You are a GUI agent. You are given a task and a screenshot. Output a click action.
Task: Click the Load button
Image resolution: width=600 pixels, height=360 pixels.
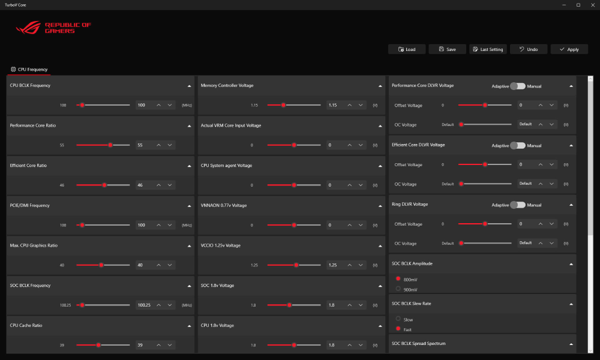(407, 49)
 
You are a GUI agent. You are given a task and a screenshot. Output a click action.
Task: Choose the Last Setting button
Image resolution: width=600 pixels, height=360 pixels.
(488, 49)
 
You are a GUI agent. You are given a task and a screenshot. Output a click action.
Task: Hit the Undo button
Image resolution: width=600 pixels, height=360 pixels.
(528, 49)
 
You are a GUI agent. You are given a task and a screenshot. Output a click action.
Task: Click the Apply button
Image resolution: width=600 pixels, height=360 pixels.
(569, 49)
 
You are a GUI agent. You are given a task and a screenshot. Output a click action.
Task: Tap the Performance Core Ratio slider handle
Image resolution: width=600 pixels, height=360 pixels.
(110, 145)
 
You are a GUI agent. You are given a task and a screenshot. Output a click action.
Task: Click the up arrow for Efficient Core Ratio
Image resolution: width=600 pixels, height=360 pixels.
(158, 185)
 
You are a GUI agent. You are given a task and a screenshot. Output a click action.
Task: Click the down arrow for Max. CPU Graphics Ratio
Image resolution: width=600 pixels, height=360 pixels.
(170, 265)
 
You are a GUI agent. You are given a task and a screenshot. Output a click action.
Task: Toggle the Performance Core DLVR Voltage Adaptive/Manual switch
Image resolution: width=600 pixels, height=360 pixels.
(517, 86)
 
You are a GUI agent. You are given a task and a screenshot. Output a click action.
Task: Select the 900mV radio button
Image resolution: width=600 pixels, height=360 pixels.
(398, 289)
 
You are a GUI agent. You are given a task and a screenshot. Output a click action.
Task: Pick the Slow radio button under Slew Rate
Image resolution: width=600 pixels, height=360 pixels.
(398, 319)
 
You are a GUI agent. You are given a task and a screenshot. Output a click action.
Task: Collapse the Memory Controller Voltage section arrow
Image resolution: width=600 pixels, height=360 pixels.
(380, 86)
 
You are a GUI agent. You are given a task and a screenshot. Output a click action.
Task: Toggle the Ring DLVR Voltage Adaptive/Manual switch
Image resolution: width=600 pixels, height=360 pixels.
(517, 205)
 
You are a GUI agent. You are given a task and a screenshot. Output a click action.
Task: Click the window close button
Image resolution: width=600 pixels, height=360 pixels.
(592, 5)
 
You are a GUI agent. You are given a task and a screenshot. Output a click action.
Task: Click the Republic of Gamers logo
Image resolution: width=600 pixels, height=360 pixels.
(54, 28)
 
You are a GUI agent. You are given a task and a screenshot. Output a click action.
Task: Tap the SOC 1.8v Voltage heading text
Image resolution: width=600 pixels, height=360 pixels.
(217, 286)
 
